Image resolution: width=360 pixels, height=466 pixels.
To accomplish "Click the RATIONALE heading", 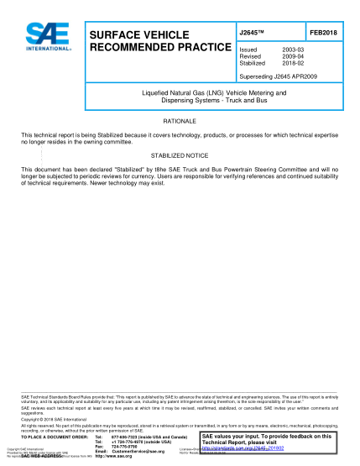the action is click(180, 122).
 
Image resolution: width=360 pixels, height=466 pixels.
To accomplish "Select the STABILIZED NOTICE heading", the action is click(180, 156).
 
